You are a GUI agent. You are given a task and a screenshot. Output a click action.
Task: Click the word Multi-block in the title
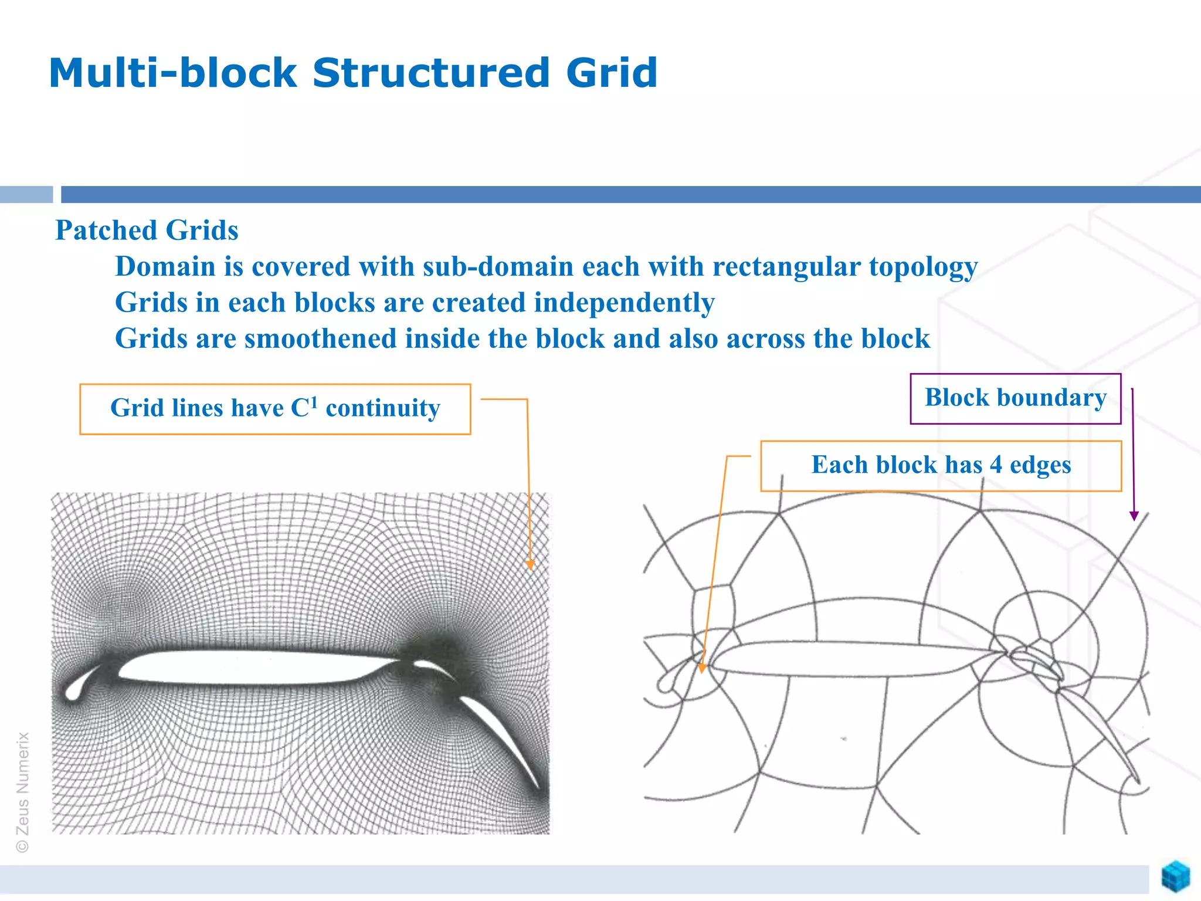pos(173,73)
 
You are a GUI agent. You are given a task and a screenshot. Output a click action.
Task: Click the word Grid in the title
pos(611,73)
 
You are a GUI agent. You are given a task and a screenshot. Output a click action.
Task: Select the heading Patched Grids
pos(147,230)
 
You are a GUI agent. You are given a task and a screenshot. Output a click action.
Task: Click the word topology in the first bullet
pos(923,267)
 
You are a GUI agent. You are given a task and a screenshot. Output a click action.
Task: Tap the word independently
pos(624,303)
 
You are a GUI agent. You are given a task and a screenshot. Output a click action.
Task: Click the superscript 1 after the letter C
pos(314,401)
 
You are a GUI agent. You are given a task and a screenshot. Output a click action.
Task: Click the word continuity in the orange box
pos(382,408)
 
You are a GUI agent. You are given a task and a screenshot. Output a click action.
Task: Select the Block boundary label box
pos(1015,398)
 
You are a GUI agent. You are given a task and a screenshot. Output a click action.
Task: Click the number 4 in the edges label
pos(996,465)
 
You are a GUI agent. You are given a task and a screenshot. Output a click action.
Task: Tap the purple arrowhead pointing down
pos(1134,516)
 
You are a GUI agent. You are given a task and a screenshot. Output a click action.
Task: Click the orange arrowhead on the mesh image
pos(530,565)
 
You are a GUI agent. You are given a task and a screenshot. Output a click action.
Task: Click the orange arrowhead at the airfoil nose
pos(703,668)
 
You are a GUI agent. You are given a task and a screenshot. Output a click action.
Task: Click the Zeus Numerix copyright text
pos(22,792)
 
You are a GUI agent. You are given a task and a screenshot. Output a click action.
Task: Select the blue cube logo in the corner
pos(1176,876)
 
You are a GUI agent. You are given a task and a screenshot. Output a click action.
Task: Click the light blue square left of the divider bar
pos(26,194)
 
